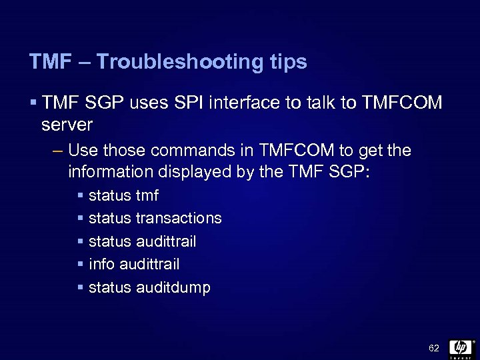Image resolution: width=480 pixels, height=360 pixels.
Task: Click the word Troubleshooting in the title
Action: (183, 63)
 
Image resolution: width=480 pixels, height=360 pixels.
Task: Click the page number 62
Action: (434, 349)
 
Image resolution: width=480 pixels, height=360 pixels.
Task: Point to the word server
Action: (67, 125)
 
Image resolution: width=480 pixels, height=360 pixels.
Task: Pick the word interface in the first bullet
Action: (248, 104)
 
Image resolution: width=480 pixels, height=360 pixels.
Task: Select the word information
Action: (111, 171)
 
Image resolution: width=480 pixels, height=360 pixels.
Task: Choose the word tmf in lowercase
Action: (147, 197)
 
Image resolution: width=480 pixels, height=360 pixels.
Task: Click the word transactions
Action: (179, 219)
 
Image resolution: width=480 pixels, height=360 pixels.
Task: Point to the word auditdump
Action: (174, 288)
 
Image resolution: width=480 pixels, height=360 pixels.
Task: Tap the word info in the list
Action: (101, 265)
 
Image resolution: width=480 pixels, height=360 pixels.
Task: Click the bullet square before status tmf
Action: (81, 197)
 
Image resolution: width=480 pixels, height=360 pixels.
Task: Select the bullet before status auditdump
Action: (81, 288)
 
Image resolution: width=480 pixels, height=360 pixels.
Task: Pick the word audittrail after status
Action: (166, 242)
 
